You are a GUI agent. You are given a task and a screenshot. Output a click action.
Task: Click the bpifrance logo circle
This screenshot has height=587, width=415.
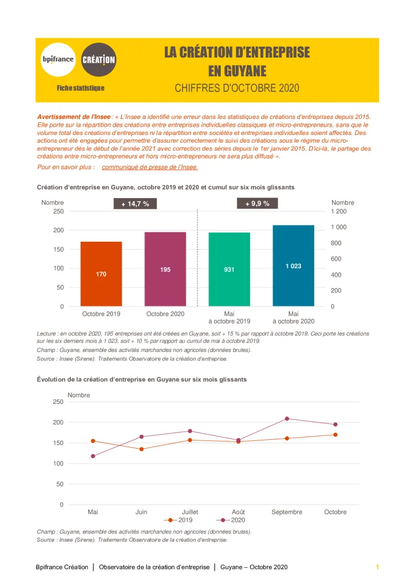point(58,59)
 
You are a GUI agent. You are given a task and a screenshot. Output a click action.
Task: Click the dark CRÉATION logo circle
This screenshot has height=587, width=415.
point(98,59)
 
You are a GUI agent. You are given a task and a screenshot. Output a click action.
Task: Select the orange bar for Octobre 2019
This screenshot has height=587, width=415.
point(101,274)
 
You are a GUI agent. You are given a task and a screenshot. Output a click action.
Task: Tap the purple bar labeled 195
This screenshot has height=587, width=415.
point(165,269)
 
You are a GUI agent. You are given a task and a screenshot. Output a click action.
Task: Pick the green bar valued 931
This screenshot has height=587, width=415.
point(229,269)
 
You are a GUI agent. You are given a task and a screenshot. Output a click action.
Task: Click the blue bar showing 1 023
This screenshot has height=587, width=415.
point(293,266)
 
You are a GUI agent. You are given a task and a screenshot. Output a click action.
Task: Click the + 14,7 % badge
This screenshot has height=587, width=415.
point(136,204)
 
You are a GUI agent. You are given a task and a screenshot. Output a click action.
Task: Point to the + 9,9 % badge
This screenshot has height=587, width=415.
point(257,204)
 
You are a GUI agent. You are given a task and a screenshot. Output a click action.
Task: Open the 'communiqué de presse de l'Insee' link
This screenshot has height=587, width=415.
point(149,167)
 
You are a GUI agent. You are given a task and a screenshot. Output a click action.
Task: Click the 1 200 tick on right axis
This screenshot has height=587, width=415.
point(339,211)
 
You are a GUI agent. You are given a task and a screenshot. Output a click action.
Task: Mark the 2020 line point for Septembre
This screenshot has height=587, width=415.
point(287,418)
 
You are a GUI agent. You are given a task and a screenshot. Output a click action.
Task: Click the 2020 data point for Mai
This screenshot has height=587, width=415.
point(93,456)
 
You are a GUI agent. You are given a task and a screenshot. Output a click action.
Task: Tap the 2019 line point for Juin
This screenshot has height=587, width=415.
point(142,449)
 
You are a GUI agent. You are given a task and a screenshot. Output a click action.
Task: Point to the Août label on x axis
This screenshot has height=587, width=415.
point(238,512)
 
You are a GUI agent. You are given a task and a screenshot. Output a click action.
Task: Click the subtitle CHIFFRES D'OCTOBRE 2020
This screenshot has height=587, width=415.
point(237,88)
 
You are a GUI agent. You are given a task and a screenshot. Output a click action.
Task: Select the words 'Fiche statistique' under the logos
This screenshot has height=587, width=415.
point(80,88)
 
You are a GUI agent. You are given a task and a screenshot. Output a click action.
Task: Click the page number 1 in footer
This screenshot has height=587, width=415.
point(377,567)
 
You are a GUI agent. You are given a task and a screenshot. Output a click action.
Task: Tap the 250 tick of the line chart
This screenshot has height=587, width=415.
point(58,402)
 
